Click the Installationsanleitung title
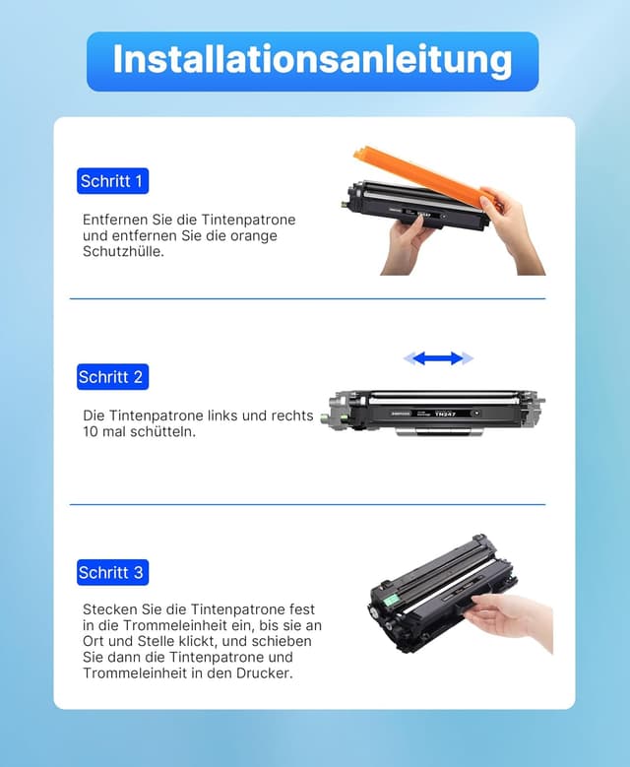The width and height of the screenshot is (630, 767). click(x=313, y=60)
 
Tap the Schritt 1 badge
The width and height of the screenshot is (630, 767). click(x=112, y=181)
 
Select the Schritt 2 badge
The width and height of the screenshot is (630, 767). click(x=112, y=377)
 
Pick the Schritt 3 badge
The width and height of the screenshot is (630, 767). click(x=112, y=572)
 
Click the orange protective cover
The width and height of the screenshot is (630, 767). click(x=420, y=176)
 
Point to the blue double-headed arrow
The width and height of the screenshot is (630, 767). click(x=438, y=358)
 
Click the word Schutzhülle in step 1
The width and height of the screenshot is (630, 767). click(x=123, y=251)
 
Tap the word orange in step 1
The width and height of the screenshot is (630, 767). click(x=253, y=236)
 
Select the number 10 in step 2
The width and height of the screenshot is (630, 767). click(x=91, y=432)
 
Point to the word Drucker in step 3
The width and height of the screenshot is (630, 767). click(x=264, y=673)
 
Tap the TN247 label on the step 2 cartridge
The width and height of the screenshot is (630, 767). click(x=445, y=414)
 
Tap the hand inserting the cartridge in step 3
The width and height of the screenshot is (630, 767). click(x=509, y=618)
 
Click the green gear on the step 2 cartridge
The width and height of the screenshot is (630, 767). click(x=324, y=418)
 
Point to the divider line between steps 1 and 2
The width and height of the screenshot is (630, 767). click(x=307, y=298)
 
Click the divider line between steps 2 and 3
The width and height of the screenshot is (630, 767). click(x=307, y=504)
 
